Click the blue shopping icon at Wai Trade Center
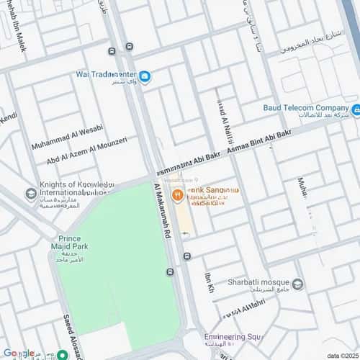click(x=145, y=77)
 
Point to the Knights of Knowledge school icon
click(x=30, y=194)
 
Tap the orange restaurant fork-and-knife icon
click(x=176, y=194)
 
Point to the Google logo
click(x=18, y=353)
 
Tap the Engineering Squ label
click(x=232, y=337)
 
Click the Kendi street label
click(x=8, y=117)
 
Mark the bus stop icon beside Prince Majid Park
click(x=170, y=272)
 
